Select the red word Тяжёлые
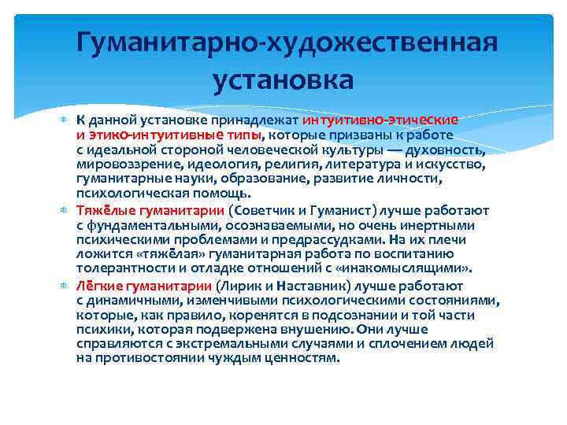coord(105,211)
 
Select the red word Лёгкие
coord(99,286)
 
